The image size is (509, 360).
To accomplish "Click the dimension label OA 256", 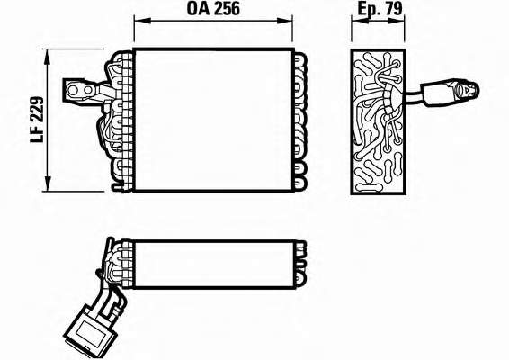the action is click(x=213, y=9).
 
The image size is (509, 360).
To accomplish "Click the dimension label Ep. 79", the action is click(x=380, y=9).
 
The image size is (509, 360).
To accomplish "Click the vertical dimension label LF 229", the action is click(x=37, y=120).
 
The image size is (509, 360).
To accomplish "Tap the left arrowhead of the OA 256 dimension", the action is click(x=142, y=21).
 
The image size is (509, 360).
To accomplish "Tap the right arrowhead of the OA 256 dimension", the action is click(x=284, y=21).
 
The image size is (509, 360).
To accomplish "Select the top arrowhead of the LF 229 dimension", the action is click(x=48, y=58).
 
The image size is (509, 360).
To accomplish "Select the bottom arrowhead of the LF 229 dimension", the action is click(x=48, y=184).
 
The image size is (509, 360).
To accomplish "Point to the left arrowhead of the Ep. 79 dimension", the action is click(x=360, y=21).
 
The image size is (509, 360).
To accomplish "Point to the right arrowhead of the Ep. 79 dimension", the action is click(x=397, y=21).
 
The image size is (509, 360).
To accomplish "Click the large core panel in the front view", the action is click(x=214, y=121).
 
